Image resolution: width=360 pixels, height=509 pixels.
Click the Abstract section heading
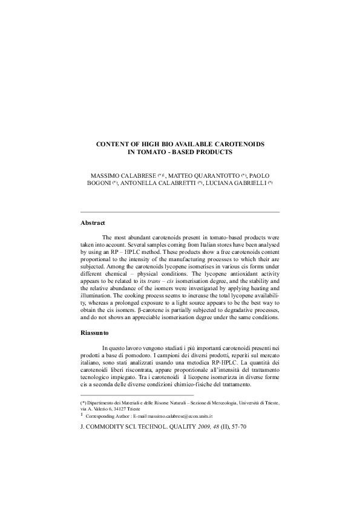click(93, 223)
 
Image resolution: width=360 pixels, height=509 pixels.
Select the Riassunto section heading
click(95, 332)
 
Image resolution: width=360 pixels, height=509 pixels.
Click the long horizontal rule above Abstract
click(180, 213)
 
